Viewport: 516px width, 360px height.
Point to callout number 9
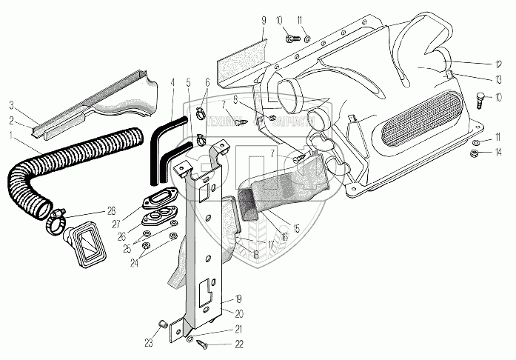(262, 19)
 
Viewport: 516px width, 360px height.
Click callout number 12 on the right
(498, 63)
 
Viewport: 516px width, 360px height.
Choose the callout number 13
(498, 79)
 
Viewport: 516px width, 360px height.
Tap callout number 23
(148, 341)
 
